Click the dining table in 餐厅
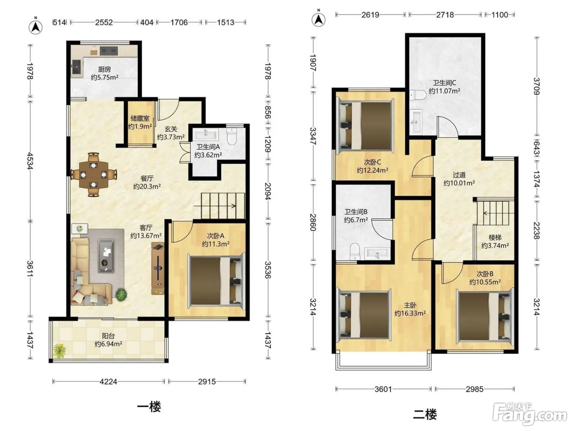coord(93,174)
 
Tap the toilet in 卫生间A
coord(232,136)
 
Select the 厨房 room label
coord(104,69)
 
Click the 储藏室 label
coord(140,118)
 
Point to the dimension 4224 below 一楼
coord(108,382)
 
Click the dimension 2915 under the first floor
coord(207,382)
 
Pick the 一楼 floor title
coord(149,407)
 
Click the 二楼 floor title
coord(425,415)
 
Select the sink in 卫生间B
coord(376,253)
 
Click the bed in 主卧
coord(364,315)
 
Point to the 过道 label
coord(459,174)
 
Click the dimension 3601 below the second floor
coord(383,389)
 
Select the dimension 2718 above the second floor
coord(445,15)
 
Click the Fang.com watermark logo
coord(530,414)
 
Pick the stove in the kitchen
coord(109,51)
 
